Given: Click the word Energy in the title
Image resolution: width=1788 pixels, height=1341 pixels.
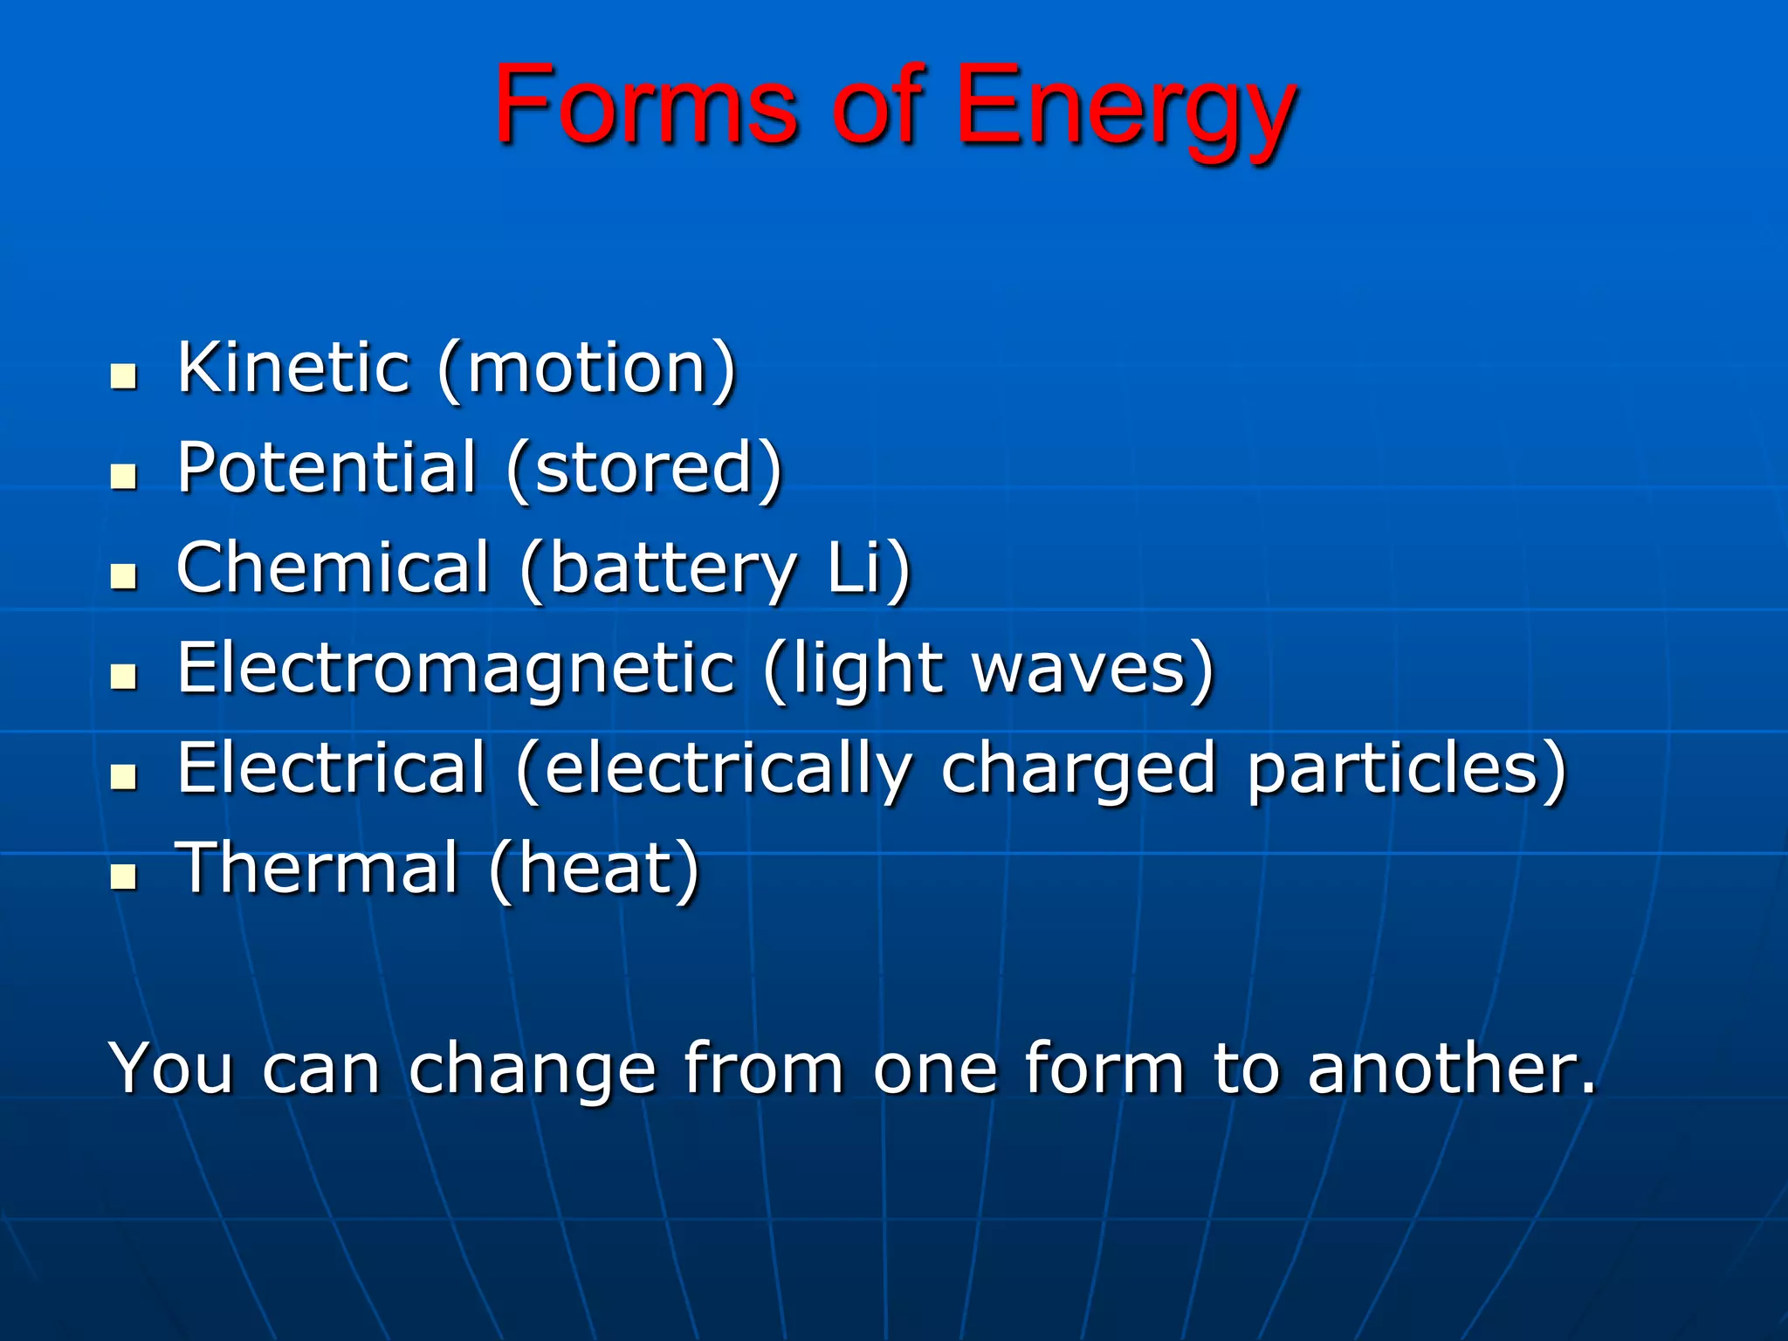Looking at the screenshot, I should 1124,109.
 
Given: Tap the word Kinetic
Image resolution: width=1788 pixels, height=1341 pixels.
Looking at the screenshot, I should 293,368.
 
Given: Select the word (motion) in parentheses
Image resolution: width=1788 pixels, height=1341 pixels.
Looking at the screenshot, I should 587,369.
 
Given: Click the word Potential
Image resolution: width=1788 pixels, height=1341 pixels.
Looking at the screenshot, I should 327,468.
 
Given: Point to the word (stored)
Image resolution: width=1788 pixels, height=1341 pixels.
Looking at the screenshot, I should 643,470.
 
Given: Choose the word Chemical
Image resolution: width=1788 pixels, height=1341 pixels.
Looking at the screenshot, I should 333,567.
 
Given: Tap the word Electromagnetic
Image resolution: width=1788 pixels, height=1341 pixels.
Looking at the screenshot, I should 456,668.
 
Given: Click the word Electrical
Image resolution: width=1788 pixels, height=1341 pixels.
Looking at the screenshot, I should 331,768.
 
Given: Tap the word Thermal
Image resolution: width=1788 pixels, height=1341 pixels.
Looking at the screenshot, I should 318,869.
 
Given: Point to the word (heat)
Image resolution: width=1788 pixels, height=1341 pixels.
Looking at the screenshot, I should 594,870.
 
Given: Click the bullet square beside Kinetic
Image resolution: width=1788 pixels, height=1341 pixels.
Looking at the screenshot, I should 124,377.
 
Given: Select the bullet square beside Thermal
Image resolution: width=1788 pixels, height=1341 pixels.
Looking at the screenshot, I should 124,877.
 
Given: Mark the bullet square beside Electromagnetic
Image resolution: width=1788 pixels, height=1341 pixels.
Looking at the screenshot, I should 124,677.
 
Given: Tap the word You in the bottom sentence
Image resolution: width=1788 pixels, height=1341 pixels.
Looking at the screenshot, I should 171,1068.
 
